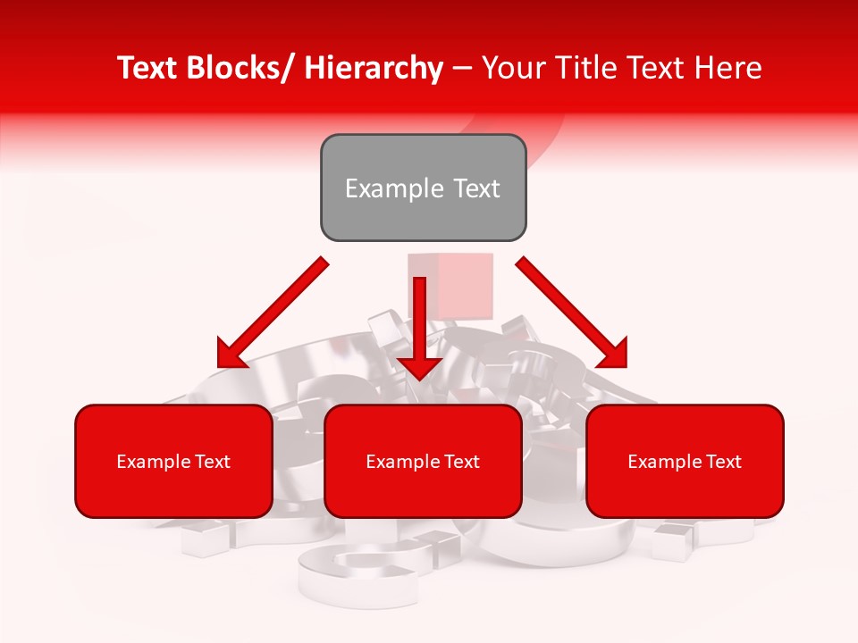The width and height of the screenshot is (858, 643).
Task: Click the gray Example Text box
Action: point(423,188)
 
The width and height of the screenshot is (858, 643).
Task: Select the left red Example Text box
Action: point(173,461)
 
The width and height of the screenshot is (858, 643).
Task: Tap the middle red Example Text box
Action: point(423,461)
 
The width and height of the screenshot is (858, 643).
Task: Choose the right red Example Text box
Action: point(685,461)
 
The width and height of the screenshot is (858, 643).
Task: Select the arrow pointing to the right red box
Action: point(572,313)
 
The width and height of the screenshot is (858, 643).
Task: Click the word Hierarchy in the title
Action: point(374,69)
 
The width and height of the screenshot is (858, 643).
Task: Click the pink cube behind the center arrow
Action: point(460,284)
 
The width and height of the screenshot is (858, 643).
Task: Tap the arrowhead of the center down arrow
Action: point(420,368)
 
